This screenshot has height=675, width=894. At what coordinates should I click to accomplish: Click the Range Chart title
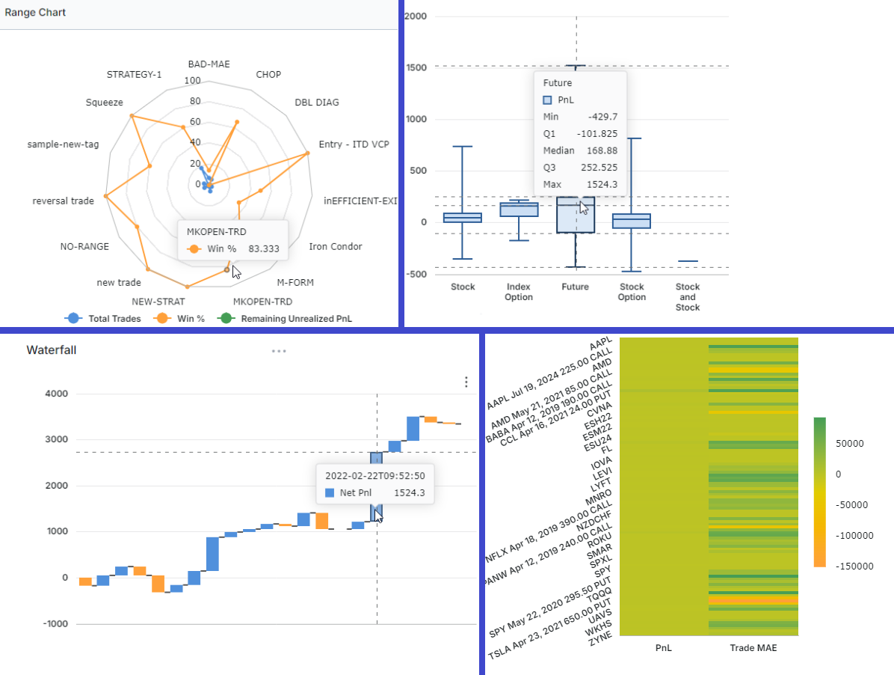(35, 13)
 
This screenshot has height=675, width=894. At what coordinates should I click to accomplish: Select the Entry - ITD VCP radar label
(354, 144)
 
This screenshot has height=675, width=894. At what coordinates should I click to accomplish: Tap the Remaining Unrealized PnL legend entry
(295, 318)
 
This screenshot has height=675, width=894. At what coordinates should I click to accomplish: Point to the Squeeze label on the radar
(105, 102)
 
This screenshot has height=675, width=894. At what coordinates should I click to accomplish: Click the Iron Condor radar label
(336, 246)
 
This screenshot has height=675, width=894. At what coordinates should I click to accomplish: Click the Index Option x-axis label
(519, 292)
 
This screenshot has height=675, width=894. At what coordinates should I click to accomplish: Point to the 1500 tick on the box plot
(420, 67)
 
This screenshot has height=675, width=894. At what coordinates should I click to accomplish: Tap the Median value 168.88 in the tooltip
(600, 150)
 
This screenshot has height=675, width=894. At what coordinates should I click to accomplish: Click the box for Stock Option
(632, 221)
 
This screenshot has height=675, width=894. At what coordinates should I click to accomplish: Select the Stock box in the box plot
(463, 218)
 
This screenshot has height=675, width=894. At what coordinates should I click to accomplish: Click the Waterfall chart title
(52, 349)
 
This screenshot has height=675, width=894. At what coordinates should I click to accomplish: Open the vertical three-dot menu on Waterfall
(466, 382)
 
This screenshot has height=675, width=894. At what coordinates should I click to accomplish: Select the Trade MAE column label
(753, 648)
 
